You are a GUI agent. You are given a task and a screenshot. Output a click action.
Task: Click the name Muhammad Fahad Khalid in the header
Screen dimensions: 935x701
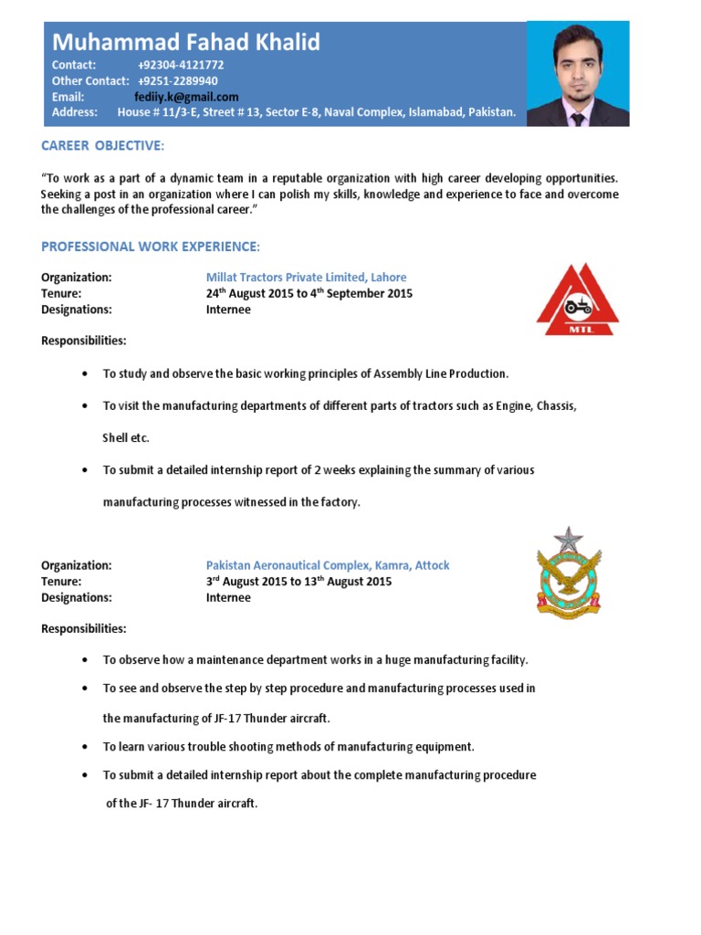pyautogui.click(x=186, y=42)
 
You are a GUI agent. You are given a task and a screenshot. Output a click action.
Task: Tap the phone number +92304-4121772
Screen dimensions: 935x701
pyautogui.click(x=181, y=66)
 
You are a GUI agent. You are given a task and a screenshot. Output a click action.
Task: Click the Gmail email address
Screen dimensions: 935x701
pyautogui.click(x=186, y=97)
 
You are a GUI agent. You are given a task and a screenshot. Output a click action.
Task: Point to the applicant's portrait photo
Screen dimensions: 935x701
pyautogui.click(x=578, y=74)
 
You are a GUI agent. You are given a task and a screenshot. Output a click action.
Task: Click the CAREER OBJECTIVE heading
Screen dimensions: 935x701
pyautogui.click(x=103, y=146)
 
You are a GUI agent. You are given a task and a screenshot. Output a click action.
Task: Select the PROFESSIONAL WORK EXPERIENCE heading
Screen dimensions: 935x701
pyautogui.click(x=151, y=247)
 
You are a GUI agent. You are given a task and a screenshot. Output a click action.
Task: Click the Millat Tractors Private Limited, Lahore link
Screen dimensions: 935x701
pyautogui.click(x=306, y=278)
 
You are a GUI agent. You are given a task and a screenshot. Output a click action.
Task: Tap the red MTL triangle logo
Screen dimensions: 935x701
pyautogui.click(x=577, y=299)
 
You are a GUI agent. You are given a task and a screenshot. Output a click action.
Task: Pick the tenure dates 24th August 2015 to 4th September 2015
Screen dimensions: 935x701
pyautogui.click(x=309, y=293)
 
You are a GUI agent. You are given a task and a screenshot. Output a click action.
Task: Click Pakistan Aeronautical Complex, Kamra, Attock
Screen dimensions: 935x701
pyautogui.click(x=328, y=566)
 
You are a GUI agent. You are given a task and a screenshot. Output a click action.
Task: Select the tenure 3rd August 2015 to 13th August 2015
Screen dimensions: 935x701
pyautogui.click(x=298, y=582)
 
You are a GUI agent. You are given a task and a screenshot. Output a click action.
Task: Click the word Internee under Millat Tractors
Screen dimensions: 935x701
pyautogui.click(x=228, y=310)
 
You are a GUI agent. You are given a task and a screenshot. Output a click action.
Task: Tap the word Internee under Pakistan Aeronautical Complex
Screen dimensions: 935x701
pyautogui.click(x=228, y=598)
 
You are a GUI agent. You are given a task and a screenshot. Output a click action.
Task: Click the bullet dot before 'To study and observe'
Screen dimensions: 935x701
pyautogui.click(x=85, y=374)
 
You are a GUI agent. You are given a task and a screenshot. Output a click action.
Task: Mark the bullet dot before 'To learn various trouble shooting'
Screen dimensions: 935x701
pyautogui.click(x=85, y=747)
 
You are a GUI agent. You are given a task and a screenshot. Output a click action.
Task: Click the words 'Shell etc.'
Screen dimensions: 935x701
pyautogui.click(x=126, y=438)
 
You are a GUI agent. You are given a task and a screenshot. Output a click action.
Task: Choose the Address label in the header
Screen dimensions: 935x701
pyautogui.click(x=74, y=112)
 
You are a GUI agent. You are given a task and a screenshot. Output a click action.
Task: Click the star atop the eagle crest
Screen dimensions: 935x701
pyautogui.click(x=569, y=540)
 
